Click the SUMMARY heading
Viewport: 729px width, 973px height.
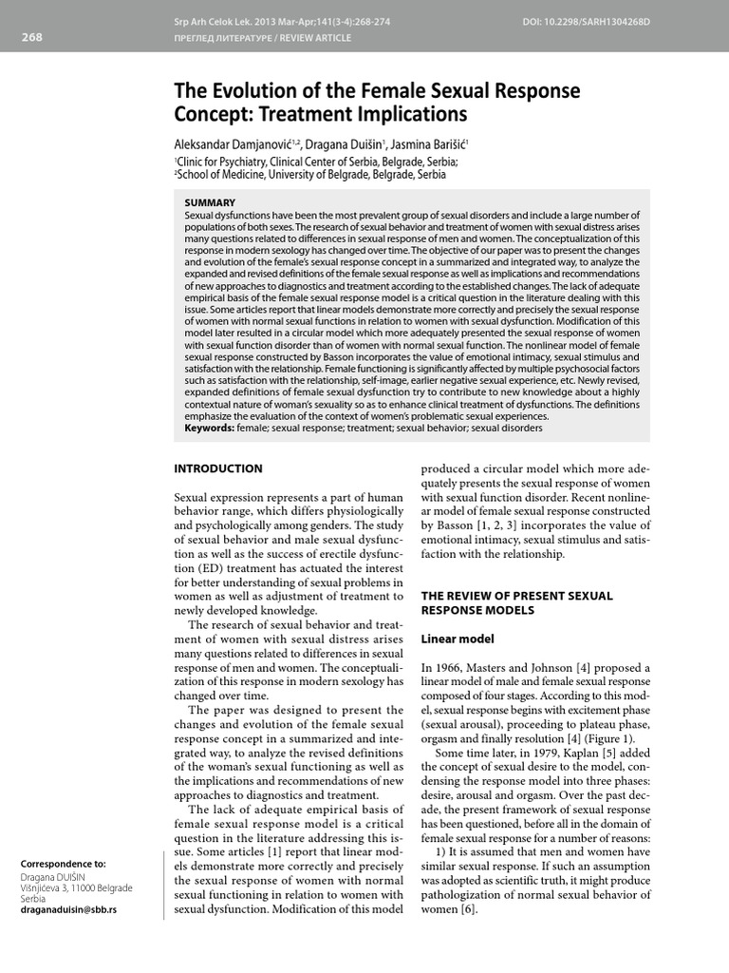(210, 202)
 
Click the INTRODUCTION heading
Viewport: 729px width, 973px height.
(218, 468)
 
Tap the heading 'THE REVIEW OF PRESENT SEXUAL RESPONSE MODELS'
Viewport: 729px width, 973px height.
(517, 603)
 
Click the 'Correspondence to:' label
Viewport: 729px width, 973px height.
(64, 864)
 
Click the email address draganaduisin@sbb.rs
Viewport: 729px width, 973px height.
(68, 909)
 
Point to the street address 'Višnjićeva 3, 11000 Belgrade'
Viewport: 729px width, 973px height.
(76, 887)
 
